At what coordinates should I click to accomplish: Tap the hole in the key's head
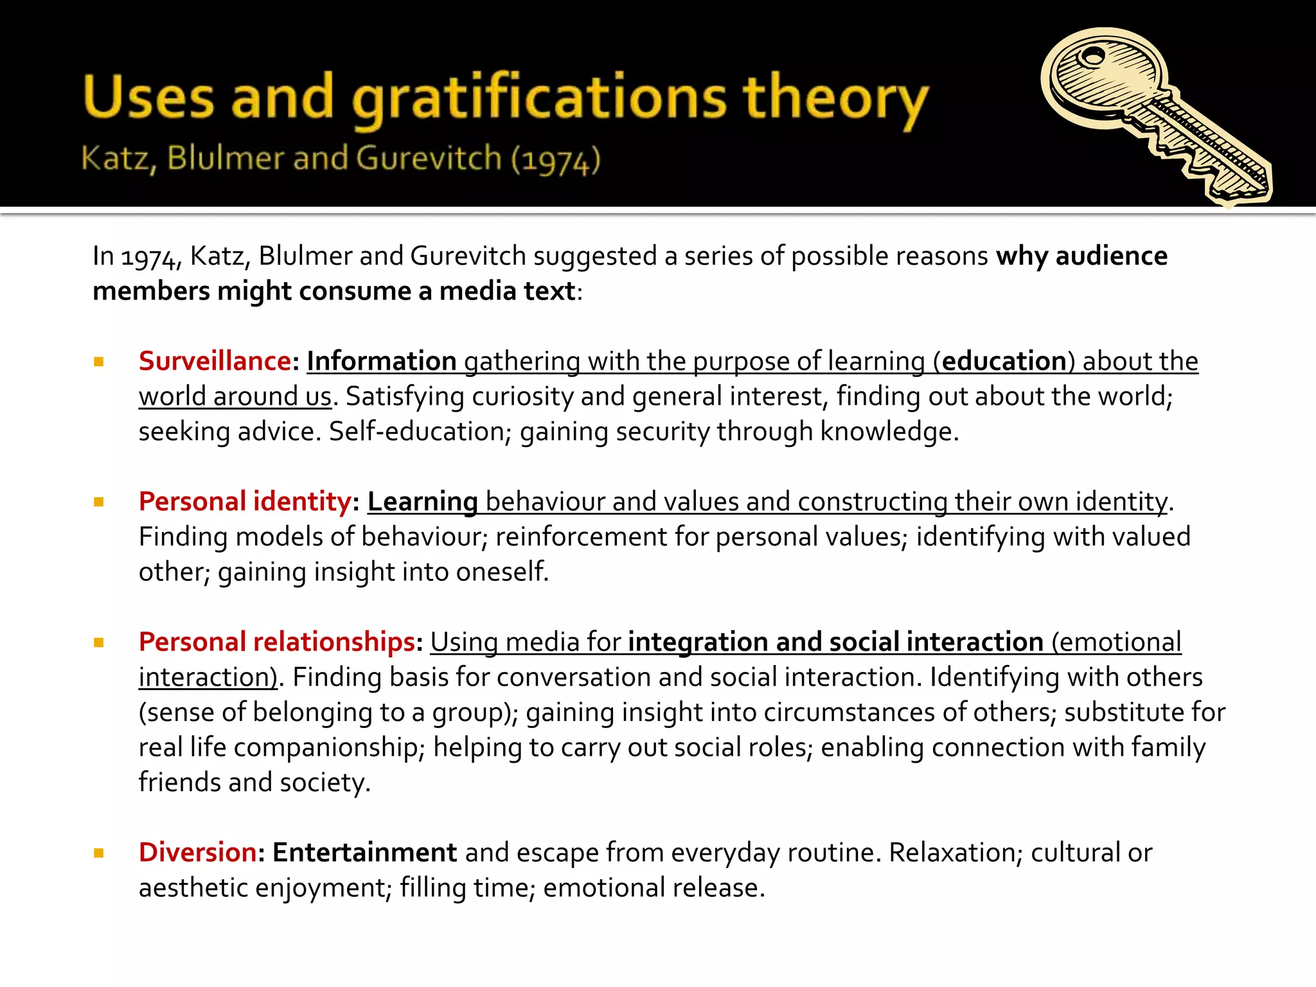[x=1090, y=57]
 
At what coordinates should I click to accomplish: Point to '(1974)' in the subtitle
[x=556, y=159]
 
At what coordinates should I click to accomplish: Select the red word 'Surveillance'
[x=215, y=361]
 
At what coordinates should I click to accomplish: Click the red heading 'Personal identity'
[x=245, y=502]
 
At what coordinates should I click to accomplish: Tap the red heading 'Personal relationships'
[x=277, y=642]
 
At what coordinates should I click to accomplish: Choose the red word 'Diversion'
[x=198, y=853]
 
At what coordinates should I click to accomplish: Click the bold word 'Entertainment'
[x=364, y=853]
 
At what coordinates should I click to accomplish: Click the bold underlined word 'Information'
[x=382, y=361]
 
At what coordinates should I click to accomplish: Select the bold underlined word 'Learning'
[x=422, y=502]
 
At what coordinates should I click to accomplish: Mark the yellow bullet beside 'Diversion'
[x=99, y=853]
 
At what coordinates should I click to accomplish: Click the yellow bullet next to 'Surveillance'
[x=99, y=362]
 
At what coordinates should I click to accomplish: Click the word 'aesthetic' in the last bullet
[x=193, y=888]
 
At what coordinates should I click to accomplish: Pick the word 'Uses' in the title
[x=148, y=98]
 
